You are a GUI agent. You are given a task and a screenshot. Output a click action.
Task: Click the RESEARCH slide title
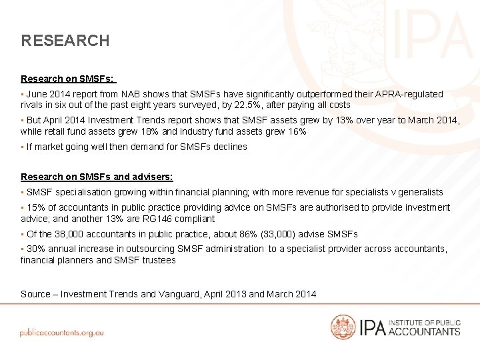click(x=65, y=41)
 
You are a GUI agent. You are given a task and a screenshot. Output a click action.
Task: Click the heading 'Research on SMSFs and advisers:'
click(x=97, y=177)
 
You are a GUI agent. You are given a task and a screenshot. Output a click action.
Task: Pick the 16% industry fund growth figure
click(x=297, y=132)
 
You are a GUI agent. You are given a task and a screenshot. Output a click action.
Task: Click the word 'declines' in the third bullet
click(x=231, y=147)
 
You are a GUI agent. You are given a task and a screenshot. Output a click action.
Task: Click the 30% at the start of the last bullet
click(x=35, y=249)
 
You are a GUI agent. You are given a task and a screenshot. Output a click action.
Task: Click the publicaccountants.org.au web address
click(x=61, y=332)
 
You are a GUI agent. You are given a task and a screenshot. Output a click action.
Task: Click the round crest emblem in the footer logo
click(x=343, y=327)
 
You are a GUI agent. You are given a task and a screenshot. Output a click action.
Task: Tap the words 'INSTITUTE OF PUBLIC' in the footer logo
click(x=424, y=323)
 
